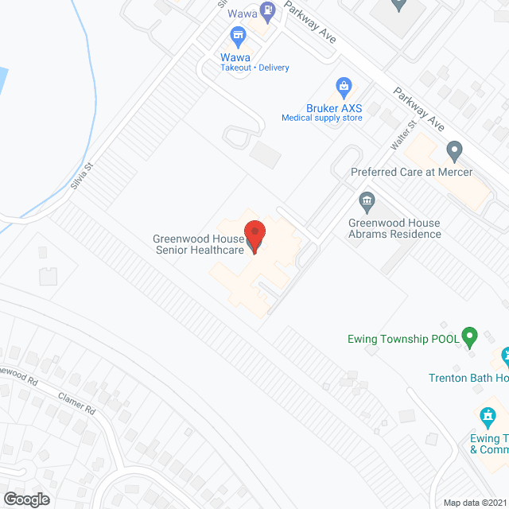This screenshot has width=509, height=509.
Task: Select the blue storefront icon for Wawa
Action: pyautogui.click(x=237, y=35)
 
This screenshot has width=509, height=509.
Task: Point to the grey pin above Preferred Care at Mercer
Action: pyautogui.click(x=454, y=150)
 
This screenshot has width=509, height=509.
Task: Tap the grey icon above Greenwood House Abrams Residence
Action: pyautogui.click(x=367, y=200)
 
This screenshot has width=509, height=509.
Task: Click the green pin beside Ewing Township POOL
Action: pyautogui.click(x=469, y=337)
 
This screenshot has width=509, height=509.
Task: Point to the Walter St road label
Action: pyautogui.click(x=403, y=135)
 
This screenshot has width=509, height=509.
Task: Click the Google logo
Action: pyautogui.click(x=25, y=499)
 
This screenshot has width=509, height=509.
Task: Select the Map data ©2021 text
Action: pyautogui.click(x=475, y=503)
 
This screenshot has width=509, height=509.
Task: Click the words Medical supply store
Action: pyautogui.click(x=321, y=119)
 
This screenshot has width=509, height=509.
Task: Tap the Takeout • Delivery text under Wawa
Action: pyautogui.click(x=254, y=68)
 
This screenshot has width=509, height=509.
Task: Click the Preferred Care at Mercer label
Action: pyautogui.click(x=412, y=172)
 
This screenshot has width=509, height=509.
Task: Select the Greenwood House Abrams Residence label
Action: pyautogui.click(x=394, y=229)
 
